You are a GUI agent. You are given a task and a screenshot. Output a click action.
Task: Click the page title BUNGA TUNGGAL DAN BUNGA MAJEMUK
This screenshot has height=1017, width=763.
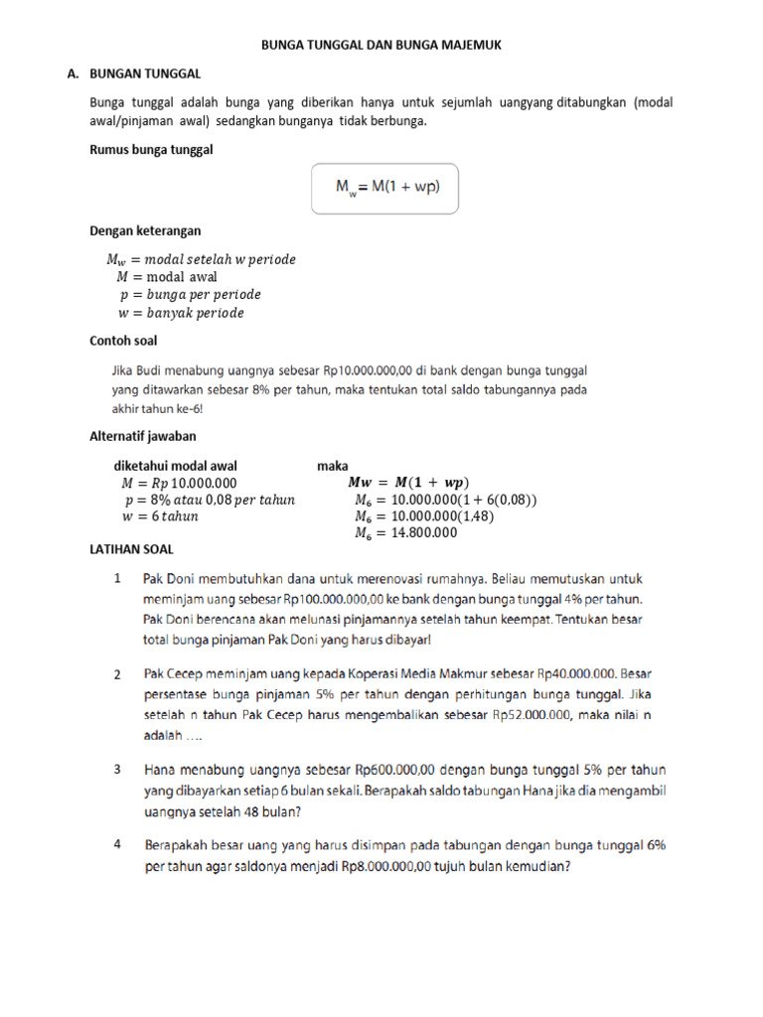point(388,46)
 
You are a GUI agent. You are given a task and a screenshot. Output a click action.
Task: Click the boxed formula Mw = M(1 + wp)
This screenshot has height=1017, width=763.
point(385,188)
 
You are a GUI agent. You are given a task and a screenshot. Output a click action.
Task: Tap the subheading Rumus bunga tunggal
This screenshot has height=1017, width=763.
point(152,150)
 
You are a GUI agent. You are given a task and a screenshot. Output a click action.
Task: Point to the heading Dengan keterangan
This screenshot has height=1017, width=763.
point(145,230)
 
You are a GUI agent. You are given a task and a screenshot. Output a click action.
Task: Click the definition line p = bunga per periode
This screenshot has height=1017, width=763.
point(189,295)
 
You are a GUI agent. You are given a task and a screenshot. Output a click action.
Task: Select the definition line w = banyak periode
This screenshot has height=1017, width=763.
point(180,313)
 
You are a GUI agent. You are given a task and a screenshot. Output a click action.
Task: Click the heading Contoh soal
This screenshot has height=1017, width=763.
point(123,341)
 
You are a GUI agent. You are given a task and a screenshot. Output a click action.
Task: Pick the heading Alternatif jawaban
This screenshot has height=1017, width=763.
point(143,436)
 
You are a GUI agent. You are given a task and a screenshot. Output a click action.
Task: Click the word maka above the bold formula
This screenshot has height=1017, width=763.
point(332,465)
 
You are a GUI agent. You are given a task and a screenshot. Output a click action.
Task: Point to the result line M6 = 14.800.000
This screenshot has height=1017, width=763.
point(405,533)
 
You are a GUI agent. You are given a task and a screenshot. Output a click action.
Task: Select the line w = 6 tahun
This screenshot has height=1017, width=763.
point(159,516)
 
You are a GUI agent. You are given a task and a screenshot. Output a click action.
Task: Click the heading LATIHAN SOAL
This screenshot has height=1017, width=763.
point(131,549)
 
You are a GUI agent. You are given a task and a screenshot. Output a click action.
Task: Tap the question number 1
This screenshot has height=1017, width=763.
point(117,577)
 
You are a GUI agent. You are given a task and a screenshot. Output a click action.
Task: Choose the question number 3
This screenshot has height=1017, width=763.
point(117,770)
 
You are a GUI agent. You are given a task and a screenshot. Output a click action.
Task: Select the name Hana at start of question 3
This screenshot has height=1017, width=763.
point(161,770)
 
